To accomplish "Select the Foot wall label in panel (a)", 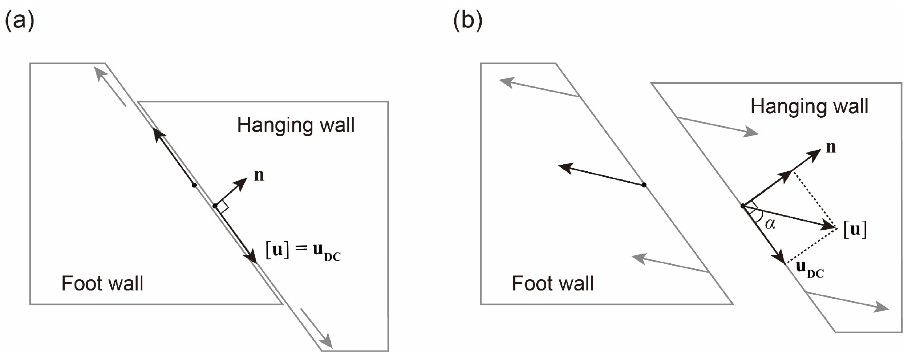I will [x=102, y=283].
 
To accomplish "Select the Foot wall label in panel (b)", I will [x=553, y=283].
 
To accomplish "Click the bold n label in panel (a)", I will [x=259, y=175].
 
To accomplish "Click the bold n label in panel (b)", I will [x=831, y=147].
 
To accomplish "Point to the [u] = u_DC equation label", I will [x=303, y=251].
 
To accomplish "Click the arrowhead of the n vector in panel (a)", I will [x=243, y=182].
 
